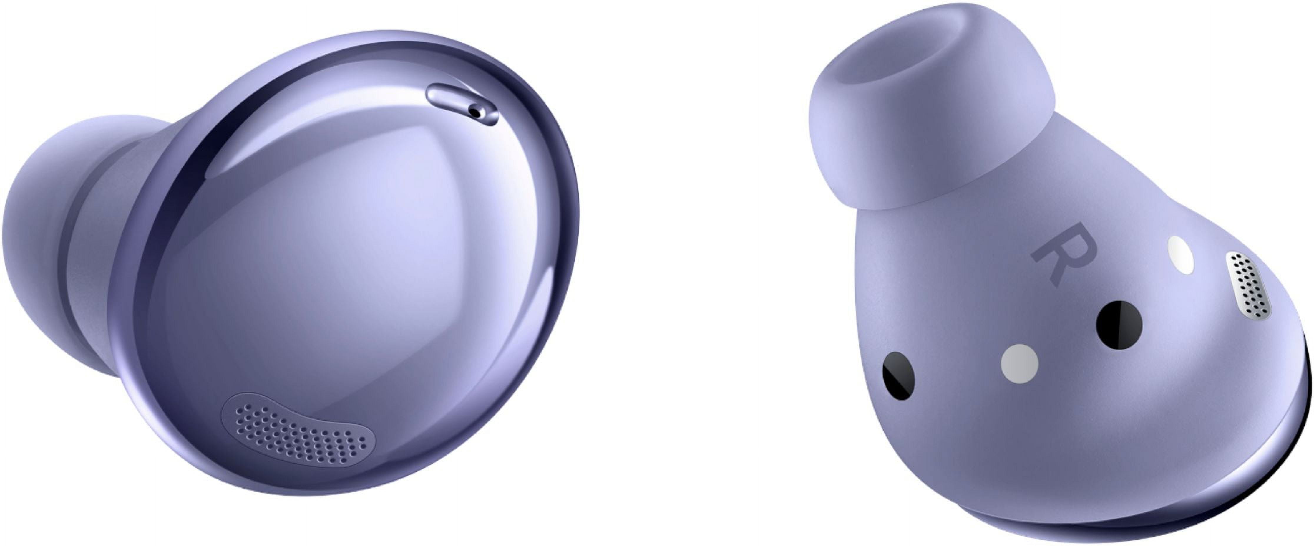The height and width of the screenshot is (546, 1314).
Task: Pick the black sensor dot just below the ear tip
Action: [x=899, y=375]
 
